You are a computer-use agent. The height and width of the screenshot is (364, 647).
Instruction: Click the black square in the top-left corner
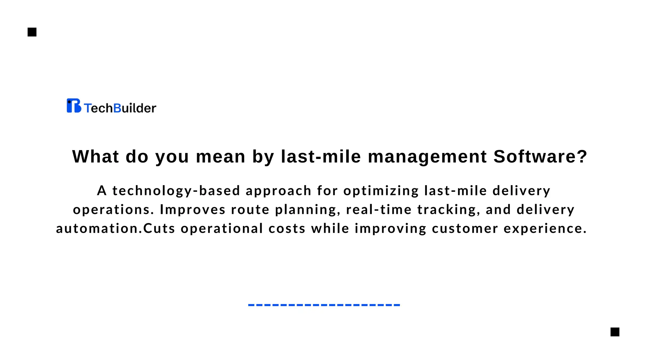[x=32, y=32]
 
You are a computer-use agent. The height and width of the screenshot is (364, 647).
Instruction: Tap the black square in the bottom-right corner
[x=615, y=332]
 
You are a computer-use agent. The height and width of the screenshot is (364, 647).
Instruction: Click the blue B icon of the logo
[x=74, y=106]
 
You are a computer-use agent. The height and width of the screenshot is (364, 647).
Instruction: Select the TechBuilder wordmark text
[x=120, y=108]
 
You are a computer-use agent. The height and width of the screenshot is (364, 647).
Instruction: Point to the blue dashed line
[x=324, y=305]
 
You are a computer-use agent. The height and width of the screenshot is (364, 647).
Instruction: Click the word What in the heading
[x=96, y=156]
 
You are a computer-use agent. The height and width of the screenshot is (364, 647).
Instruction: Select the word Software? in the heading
[x=540, y=156]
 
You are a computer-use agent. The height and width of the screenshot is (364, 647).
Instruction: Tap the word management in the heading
[x=427, y=156]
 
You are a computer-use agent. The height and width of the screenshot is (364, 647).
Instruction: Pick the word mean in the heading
[x=221, y=156]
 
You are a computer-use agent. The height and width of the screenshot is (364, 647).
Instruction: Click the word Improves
[x=193, y=209]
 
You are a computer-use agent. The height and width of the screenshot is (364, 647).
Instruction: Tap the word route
[x=250, y=210]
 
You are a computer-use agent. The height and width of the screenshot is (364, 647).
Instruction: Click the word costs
[x=287, y=228]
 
